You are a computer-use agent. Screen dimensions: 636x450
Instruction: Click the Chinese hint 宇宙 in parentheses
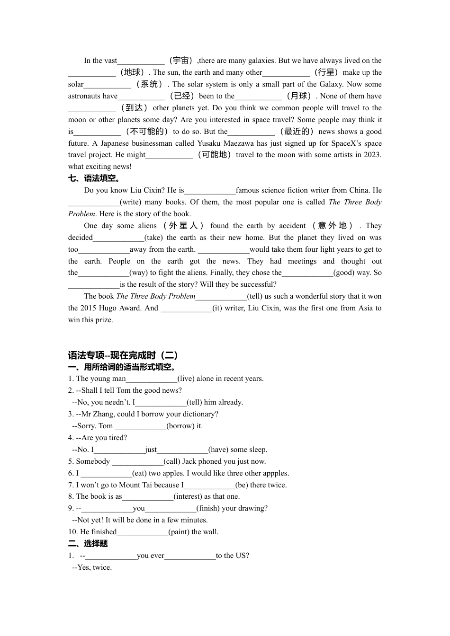180,61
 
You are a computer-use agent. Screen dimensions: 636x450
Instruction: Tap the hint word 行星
326,72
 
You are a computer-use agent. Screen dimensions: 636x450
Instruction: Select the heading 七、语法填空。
95,178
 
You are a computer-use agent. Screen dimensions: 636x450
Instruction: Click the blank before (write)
94,203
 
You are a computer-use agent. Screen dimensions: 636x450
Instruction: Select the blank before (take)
118,238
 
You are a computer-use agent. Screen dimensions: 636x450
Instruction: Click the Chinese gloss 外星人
183,226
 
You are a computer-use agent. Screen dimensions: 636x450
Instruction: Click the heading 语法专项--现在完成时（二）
123,355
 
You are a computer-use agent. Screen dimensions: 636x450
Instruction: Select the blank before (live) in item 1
152,379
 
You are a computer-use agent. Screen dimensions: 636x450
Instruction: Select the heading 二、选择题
88,544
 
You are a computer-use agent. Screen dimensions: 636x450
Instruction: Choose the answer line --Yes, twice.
92,567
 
